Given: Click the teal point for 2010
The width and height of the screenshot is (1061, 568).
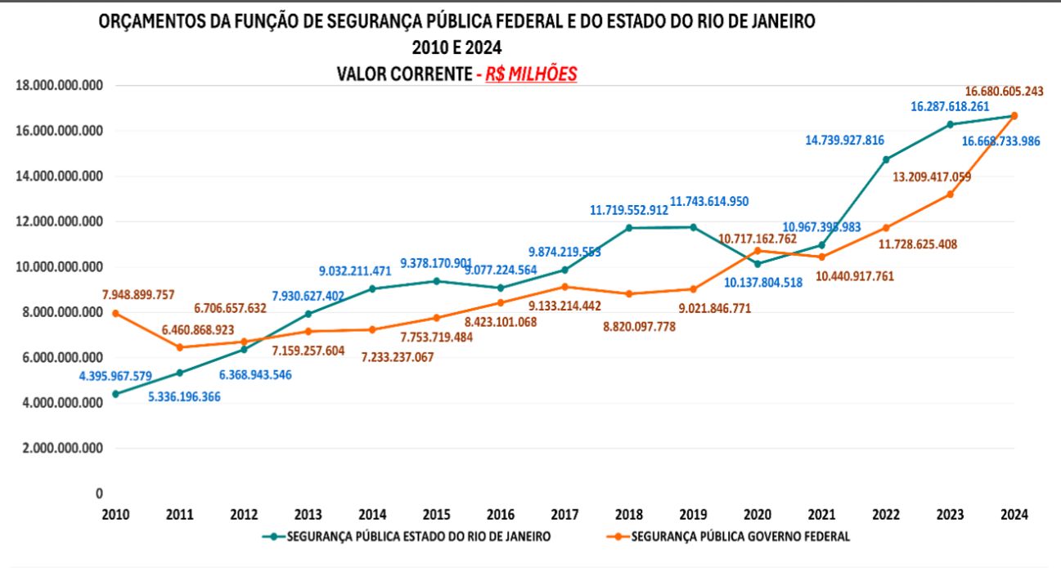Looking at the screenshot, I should (115, 394).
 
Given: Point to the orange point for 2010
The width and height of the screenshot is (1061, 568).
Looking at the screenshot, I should (115, 313).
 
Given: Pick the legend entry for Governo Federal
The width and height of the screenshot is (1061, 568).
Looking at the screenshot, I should (737, 536).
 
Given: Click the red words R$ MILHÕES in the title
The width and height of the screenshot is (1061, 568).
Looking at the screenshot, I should (531, 74).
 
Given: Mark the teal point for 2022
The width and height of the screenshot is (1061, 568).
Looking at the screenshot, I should (885, 159).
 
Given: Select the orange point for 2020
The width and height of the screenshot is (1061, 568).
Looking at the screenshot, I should (758, 250).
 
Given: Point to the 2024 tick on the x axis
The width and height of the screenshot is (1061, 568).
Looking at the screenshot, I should (1014, 515).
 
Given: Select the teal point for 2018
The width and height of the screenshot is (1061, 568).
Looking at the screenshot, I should (629, 228).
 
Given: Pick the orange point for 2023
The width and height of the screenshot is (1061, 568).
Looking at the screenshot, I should (950, 194).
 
